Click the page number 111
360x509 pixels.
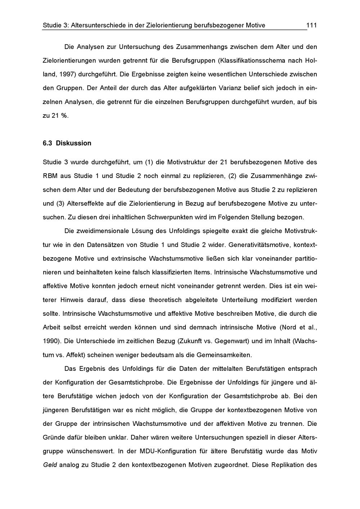[x=311, y=25]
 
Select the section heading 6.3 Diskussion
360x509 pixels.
[x=67, y=143]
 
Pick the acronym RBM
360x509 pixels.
[x=50, y=176]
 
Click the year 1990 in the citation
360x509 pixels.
[x=50, y=341]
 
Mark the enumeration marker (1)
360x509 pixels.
[x=149, y=162]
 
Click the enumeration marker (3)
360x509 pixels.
[x=60, y=204]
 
